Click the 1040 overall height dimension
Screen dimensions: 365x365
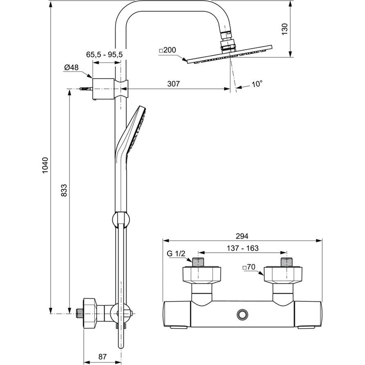[45, 165]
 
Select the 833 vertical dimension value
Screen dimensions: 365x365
[64, 190]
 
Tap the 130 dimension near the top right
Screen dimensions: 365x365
[284, 29]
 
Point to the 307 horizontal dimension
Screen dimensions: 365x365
[173, 84]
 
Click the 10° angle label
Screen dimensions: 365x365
[257, 84]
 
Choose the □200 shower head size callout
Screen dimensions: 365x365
[168, 50]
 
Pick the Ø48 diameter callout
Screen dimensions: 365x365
[71, 68]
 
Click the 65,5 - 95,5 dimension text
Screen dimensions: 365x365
[104, 55]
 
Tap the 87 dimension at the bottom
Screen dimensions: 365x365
[102, 357]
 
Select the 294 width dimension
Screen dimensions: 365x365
[242, 236]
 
